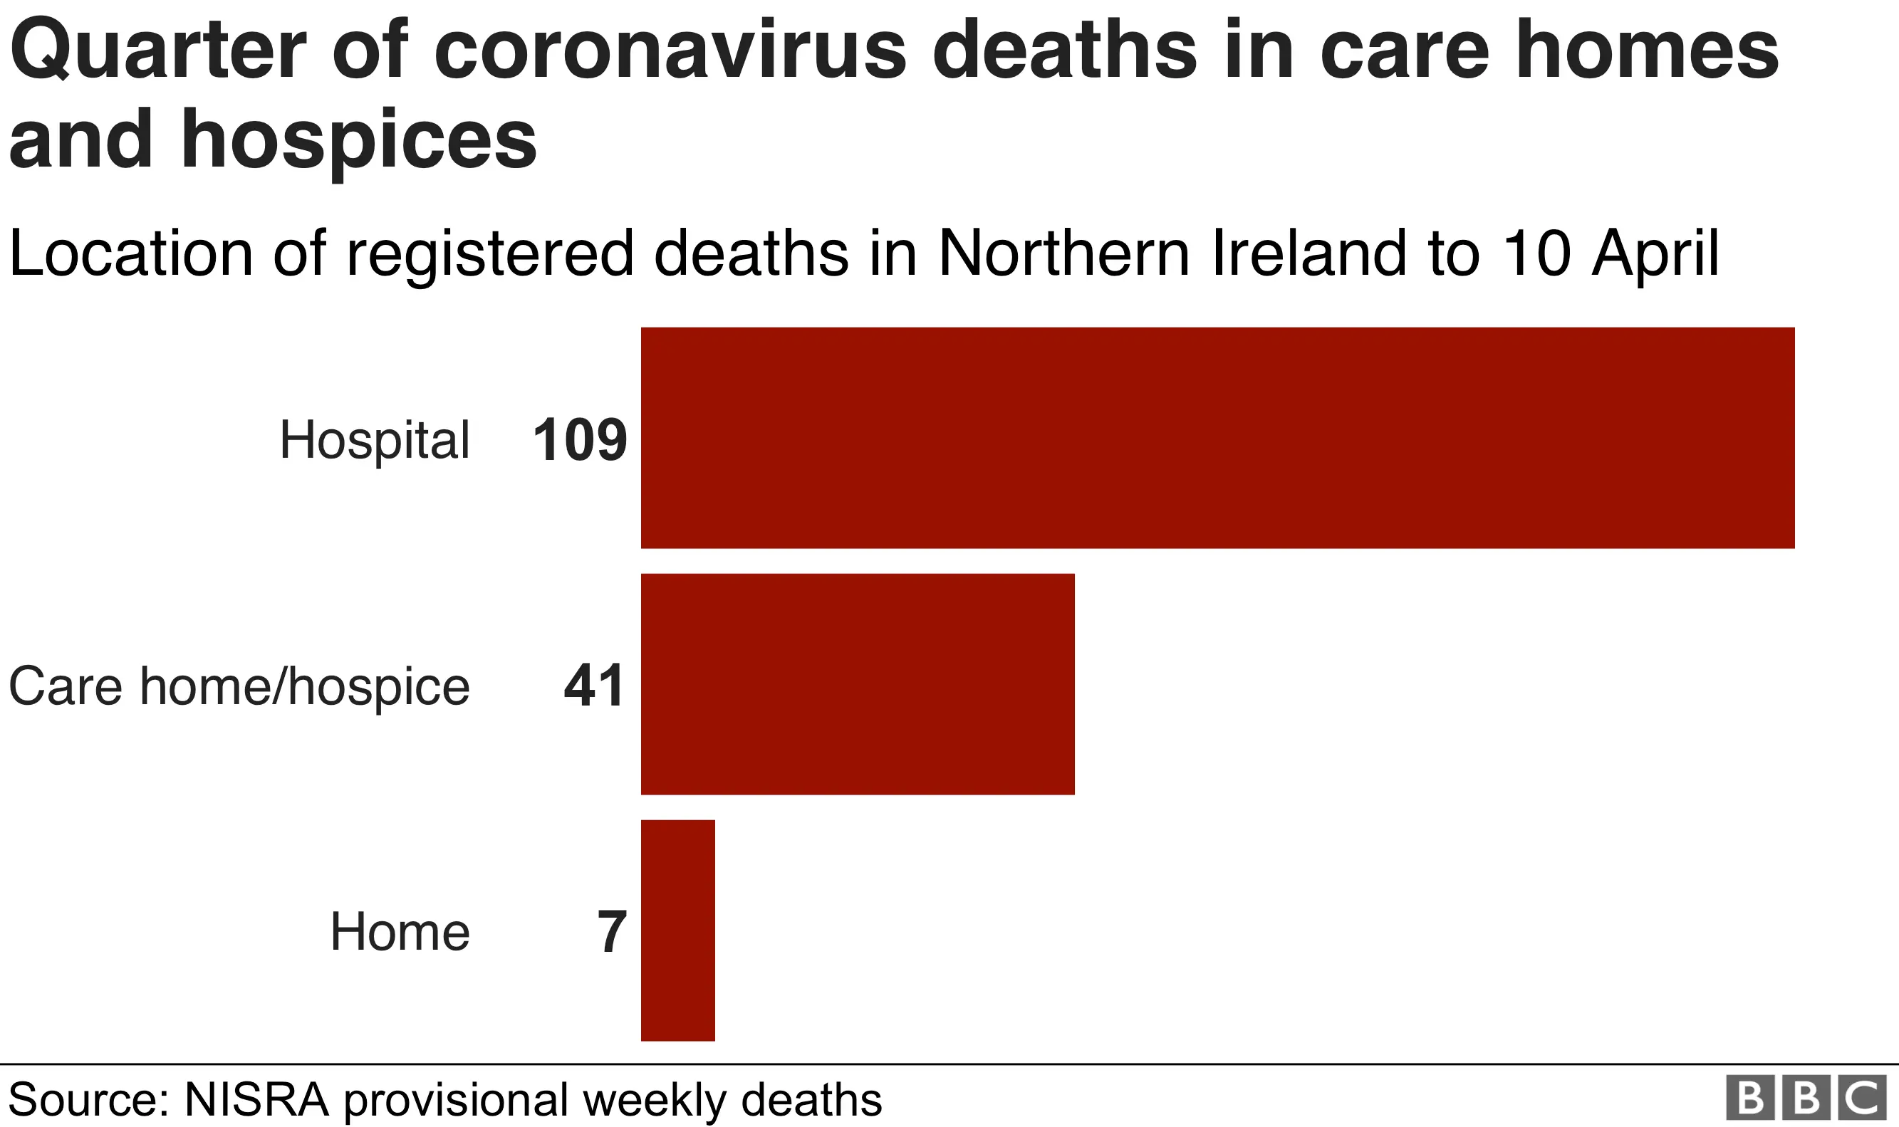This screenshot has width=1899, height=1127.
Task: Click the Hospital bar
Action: pos(1217,438)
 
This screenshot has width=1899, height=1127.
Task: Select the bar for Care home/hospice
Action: pos(858,684)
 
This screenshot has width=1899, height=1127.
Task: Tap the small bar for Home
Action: pos(677,931)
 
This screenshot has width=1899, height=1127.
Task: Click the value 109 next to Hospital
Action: pos(580,440)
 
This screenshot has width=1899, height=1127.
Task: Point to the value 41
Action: pos(595,686)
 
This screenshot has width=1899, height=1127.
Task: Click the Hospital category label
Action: pos(375,441)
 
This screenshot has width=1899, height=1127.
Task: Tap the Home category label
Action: pos(400,932)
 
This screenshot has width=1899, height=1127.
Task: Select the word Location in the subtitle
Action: pos(130,253)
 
